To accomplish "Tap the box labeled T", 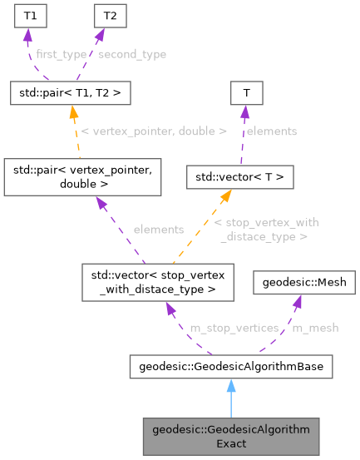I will click(247, 93).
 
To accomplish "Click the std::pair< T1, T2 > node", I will click(69, 93).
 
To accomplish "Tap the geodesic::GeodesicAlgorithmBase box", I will click(230, 366).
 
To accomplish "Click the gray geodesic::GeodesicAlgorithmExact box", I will click(230, 436).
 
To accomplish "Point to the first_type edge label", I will click(61, 54).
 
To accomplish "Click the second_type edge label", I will click(131, 54).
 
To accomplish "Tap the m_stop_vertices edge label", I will click(234, 328).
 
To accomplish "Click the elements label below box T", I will click(272, 131).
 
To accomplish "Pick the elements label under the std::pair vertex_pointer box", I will click(158, 229).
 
